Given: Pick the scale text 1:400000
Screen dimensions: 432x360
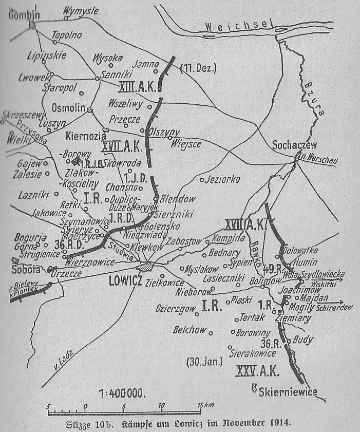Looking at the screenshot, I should click(x=122, y=394).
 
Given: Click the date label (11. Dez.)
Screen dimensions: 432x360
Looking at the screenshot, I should click(x=200, y=67).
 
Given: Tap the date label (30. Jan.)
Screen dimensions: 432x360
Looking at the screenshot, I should click(x=204, y=362).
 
